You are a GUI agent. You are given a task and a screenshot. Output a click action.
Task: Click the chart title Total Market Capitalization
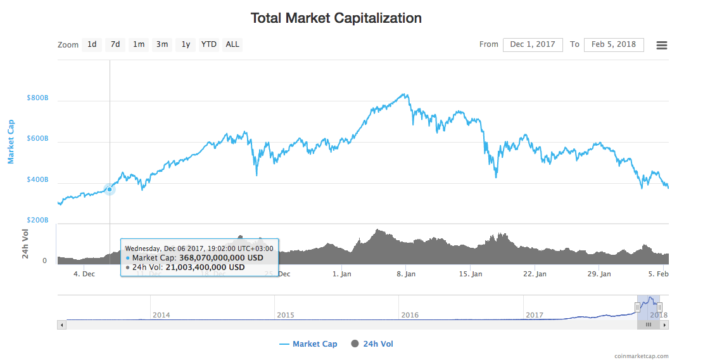pos(336,18)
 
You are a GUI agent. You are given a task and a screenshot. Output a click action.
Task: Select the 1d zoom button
pos(92,44)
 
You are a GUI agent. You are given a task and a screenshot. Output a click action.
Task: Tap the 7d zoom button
pos(115,44)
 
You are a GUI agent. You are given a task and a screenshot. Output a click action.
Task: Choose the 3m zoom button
pos(162,44)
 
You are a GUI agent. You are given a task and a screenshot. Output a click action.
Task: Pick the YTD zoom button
pos(208,44)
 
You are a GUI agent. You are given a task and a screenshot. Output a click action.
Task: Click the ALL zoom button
pos(232,44)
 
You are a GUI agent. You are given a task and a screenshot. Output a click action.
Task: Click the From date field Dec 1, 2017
pos(533,44)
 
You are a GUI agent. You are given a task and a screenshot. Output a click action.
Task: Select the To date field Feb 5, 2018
pos(614,44)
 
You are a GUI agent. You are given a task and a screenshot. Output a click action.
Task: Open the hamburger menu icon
pos(662,45)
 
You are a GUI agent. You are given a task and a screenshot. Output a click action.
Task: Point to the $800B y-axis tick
pos(37,98)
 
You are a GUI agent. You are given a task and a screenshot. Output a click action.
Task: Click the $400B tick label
pos(37,180)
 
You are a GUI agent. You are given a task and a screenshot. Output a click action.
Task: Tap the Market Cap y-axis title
pos(11,141)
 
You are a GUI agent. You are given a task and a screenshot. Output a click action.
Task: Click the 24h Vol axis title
pos(26,243)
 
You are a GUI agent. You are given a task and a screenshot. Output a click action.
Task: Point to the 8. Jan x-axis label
pos(405,274)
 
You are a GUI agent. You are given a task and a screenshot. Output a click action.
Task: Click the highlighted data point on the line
pos(110,189)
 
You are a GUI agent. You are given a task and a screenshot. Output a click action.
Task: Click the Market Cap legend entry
pos(308,344)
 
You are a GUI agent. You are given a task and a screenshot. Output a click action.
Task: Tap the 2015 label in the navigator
pos(286,314)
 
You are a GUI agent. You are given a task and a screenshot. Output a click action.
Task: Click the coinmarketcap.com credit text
pos(641,356)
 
